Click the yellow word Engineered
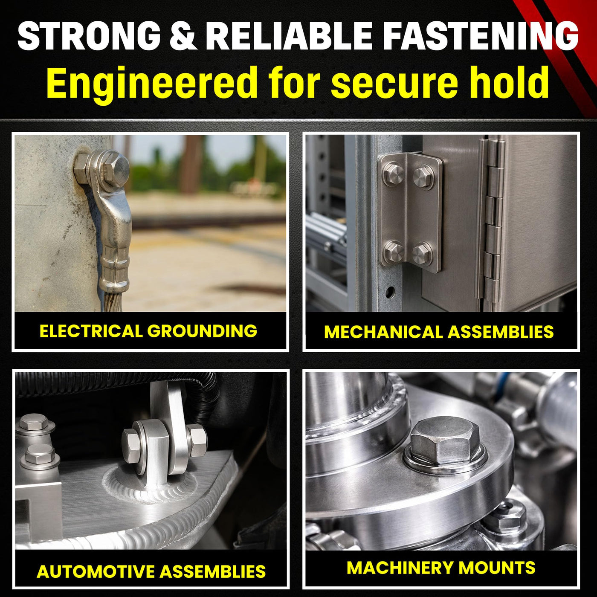tap(151, 83)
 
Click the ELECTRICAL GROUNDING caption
tap(148, 331)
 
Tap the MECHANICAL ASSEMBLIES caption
tap(439, 332)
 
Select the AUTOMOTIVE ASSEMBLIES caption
tap(151, 571)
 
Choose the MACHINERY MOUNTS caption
tap(441, 568)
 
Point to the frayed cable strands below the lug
tap(113, 300)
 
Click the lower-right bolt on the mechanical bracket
tap(422, 253)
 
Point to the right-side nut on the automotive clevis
tap(197, 440)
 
